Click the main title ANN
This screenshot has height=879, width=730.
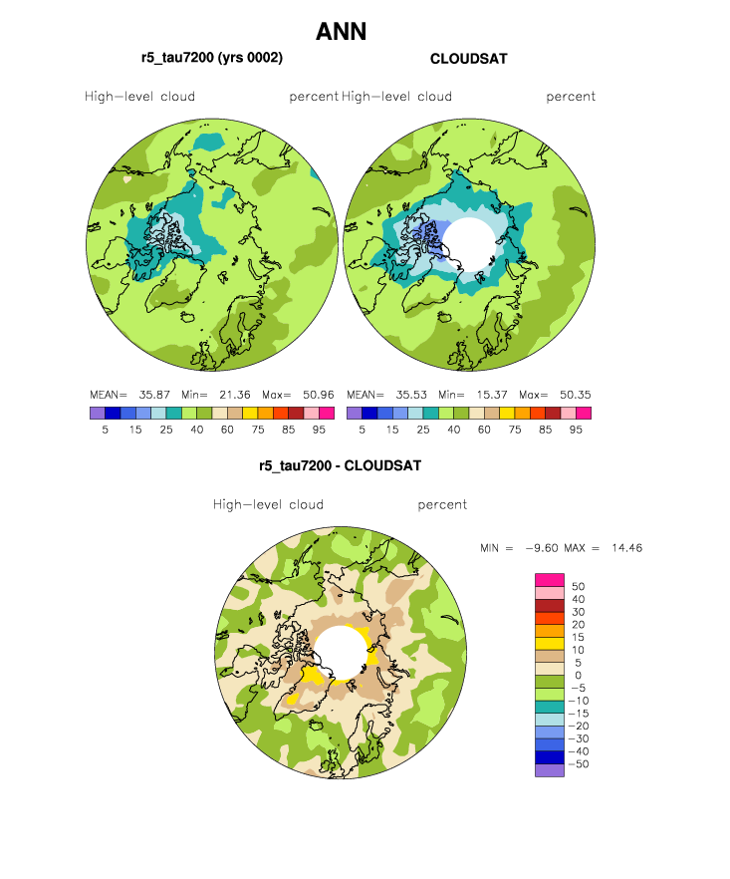pos(341,32)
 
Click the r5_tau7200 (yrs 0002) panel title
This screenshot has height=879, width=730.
pos(212,58)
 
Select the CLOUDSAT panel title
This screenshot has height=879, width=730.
pos(468,59)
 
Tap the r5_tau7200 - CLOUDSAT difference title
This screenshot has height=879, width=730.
pos(340,465)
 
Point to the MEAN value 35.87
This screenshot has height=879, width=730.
pos(154,395)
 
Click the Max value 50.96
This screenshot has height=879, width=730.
pos(319,395)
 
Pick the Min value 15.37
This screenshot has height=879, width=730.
pos(492,395)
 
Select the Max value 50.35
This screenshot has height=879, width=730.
pos(576,395)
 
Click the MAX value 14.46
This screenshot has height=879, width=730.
pos(626,548)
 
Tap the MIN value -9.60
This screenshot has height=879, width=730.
pos(542,548)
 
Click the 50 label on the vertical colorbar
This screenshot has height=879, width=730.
pos(579,586)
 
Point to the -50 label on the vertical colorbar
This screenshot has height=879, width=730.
pos(579,764)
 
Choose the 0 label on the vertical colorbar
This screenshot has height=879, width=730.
pos(579,676)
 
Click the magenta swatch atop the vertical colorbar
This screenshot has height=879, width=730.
pos(550,580)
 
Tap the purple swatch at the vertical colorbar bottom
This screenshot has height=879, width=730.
pos(550,770)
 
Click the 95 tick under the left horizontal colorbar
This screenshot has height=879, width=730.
pos(319,430)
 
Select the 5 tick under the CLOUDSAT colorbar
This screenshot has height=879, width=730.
pos(362,430)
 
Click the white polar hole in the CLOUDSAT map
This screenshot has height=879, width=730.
pos(471,244)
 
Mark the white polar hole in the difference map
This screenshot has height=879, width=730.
pos(341,654)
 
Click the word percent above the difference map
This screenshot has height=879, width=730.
pos(442,505)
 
